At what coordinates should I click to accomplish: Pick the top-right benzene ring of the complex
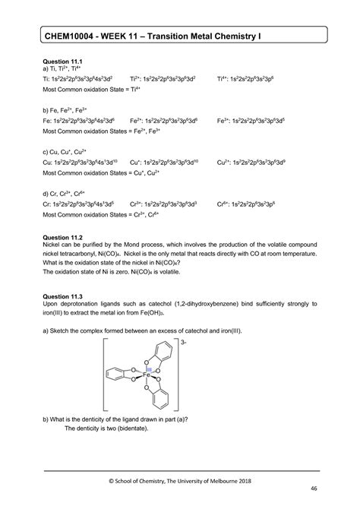167,353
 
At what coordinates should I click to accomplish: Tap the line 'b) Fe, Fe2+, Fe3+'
71,111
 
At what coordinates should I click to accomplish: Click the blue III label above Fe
149,368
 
